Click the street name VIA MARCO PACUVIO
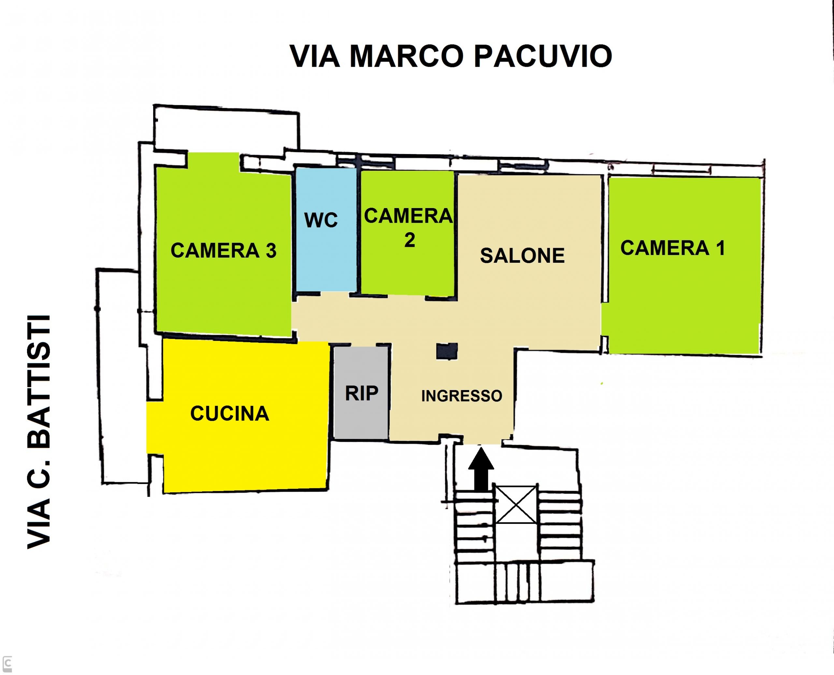click(x=451, y=56)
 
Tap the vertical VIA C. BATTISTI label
click(x=39, y=431)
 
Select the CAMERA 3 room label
click(x=223, y=250)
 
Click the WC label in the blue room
click(x=321, y=220)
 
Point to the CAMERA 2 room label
click(x=409, y=228)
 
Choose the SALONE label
click(x=522, y=256)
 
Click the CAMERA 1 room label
click(x=672, y=248)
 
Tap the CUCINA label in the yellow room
click(x=229, y=413)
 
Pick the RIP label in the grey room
click(x=361, y=393)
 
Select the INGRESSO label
click(x=461, y=396)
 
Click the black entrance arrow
click(x=481, y=469)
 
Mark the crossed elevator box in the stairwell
click(x=516, y=505)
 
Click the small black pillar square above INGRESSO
click(x=447, y=351)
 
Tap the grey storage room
click(x=361, y=393)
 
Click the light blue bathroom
click(x=326, y=230)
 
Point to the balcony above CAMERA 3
click(x=227, y=128)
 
